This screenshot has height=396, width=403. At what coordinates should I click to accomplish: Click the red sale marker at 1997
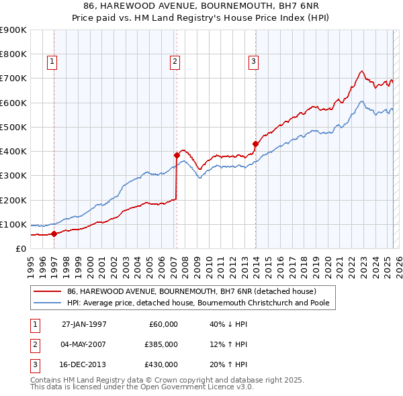(x=54, y=234)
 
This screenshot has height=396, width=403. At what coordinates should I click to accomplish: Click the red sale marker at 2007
(x=177, y=155)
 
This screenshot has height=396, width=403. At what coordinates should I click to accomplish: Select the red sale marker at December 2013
(x=255, y=144)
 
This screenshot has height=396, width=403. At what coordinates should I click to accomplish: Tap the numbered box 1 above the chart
(x=52, y=62)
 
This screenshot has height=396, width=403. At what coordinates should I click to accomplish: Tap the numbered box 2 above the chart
(x=175, y=62)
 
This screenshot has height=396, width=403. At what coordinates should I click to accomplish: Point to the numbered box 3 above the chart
(x=253, y=62)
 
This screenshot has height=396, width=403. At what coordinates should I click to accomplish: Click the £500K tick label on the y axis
(x=13, y=127)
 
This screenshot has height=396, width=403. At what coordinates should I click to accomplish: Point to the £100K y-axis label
(x=13, y=224)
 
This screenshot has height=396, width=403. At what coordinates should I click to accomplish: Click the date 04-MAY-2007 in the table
(x=84, y=344)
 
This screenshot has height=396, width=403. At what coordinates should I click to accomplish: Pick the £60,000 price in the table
(x=163, y=324)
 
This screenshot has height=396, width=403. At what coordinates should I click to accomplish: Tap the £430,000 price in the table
(x=161, y=364)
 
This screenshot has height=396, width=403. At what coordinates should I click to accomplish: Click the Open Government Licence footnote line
(x=142, y=387)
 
